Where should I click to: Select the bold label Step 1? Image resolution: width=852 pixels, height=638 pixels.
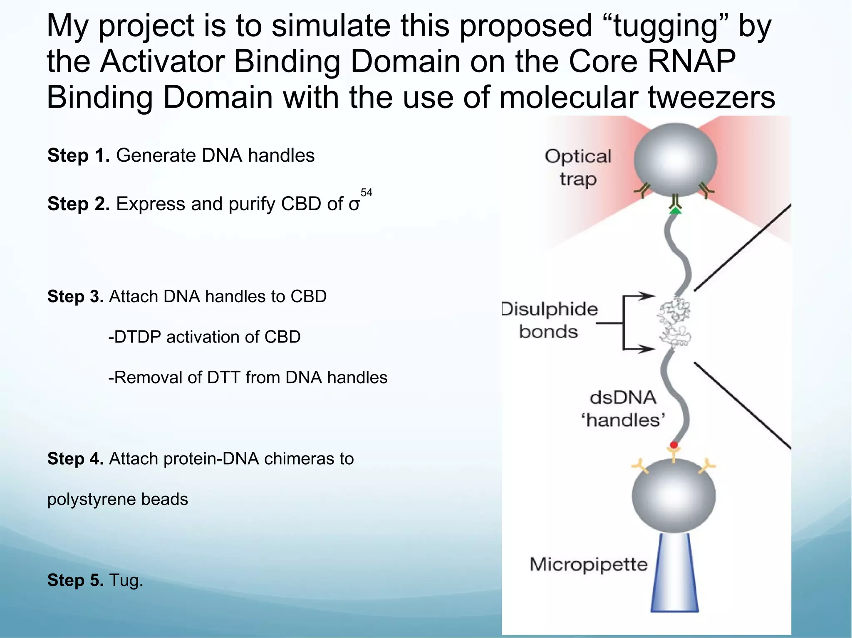coord(78,156)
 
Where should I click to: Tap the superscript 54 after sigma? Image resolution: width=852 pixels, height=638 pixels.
coord(366,192)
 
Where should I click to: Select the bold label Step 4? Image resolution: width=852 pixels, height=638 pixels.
coord(75,459)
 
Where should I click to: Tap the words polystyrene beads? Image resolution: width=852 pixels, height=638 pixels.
coord(118,499)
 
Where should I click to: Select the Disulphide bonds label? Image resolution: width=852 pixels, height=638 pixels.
coord(549,320)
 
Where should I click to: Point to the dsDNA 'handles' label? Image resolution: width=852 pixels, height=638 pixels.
coord(623,409)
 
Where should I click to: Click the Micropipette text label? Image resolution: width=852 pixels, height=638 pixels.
coord(588,565)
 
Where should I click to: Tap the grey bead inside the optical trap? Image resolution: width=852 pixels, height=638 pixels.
coord(675,160)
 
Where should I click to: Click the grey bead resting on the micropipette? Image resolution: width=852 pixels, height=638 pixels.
coord(674,496)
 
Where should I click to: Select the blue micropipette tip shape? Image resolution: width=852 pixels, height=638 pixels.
coord(674,574)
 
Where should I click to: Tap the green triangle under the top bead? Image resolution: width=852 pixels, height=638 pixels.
coord(676,211)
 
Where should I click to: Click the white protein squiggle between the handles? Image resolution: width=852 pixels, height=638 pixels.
coord(674,323)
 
